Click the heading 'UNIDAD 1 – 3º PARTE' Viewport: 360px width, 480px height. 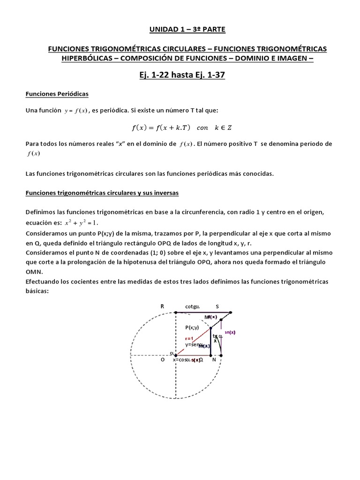click(x=180, y=30)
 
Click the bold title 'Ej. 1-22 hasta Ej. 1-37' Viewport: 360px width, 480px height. click(x=180, y=75)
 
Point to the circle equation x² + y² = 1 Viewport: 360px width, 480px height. click(x=82, y=222)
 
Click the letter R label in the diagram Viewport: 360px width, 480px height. click(x=162, y=306)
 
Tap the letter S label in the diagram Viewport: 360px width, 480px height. click(x=217, y=306)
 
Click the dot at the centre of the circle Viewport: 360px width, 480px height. click(x=175, y=355)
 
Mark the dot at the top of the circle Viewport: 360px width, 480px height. click(x=175, y=312)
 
